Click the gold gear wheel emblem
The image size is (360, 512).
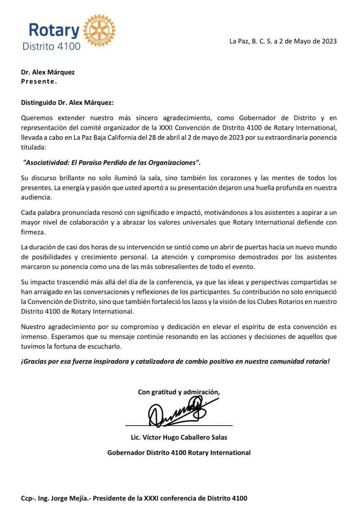coord(99,30)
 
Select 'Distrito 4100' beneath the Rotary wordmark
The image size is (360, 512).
coord(51,46)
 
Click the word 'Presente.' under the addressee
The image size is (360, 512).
coord(39,81)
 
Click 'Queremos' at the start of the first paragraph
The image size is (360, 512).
coord(36,118)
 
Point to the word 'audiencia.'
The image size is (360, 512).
coord(36,197)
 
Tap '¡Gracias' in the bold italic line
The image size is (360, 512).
coord(33,361)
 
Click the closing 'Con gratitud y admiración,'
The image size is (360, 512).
coord(179,392)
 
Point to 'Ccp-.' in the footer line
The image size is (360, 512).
coord(29,498)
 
